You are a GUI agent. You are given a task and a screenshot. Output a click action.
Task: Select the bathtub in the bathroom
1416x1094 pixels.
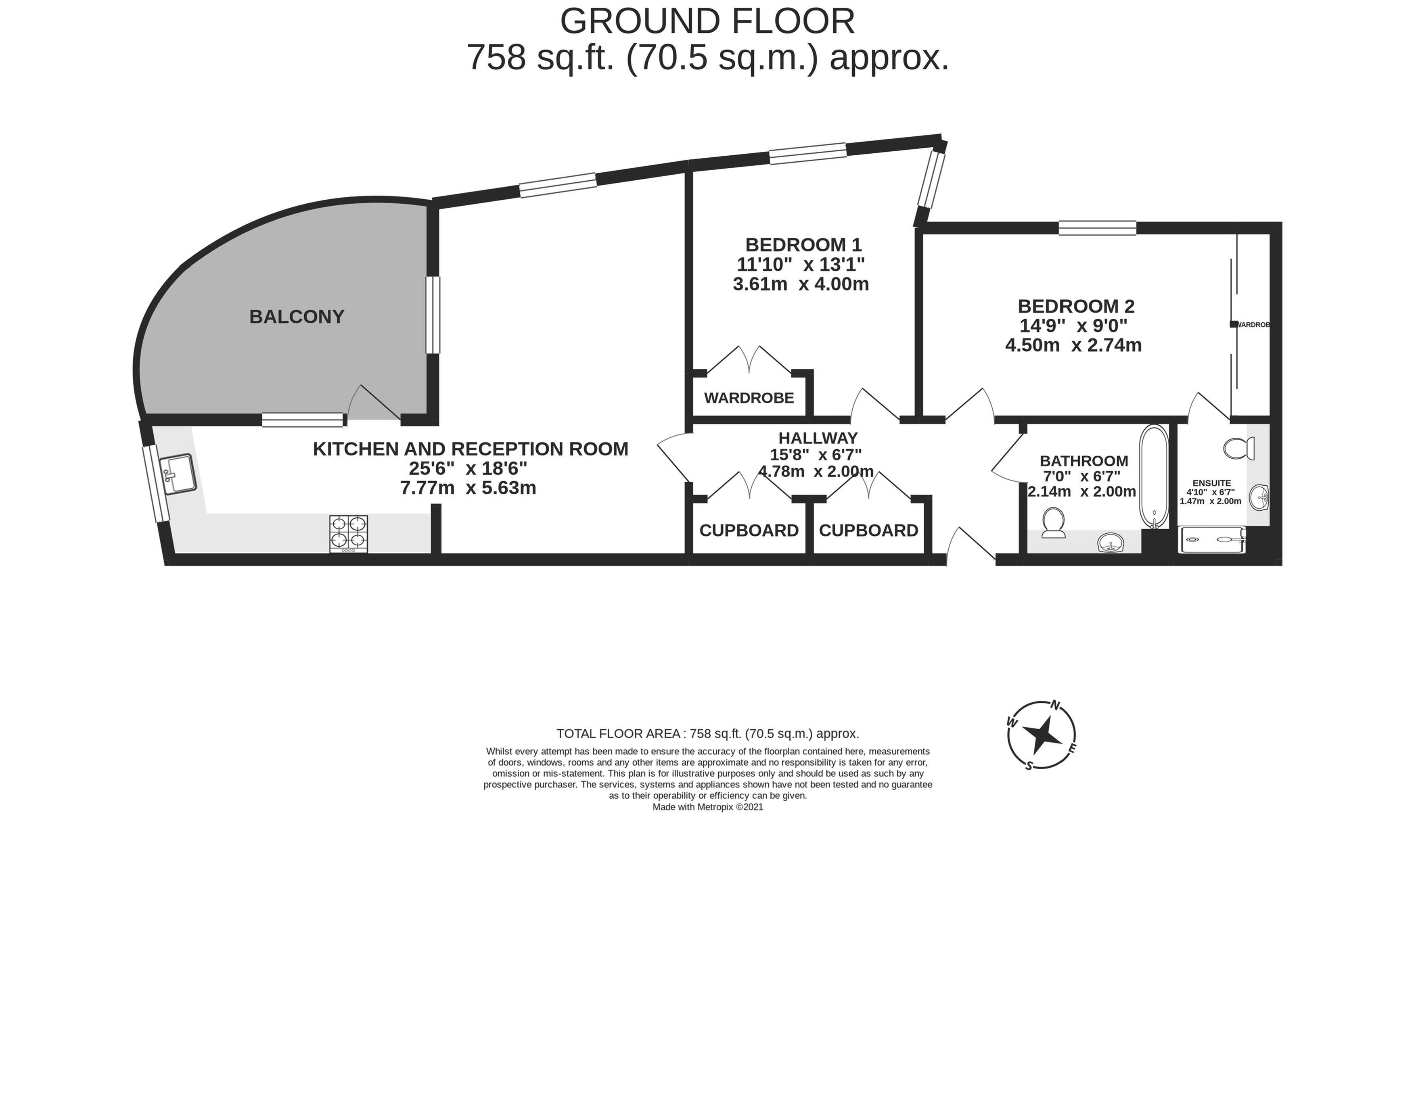(1154, 476)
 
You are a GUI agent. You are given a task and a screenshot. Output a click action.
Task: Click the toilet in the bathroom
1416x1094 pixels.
(1054, 523)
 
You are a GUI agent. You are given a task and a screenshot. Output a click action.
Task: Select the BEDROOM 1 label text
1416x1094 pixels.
(803, 245)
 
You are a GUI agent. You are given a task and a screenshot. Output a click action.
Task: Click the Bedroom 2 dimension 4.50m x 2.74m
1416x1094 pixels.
(1073, 345)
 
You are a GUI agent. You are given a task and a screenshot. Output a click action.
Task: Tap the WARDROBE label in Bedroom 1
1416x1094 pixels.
(749, 398)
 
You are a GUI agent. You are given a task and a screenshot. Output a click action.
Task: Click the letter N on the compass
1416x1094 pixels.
(1055, 705)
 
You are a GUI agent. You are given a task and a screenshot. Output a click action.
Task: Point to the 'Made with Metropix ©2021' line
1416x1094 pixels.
(708, 807)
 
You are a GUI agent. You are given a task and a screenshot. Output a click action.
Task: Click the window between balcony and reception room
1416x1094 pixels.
(433, 315)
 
